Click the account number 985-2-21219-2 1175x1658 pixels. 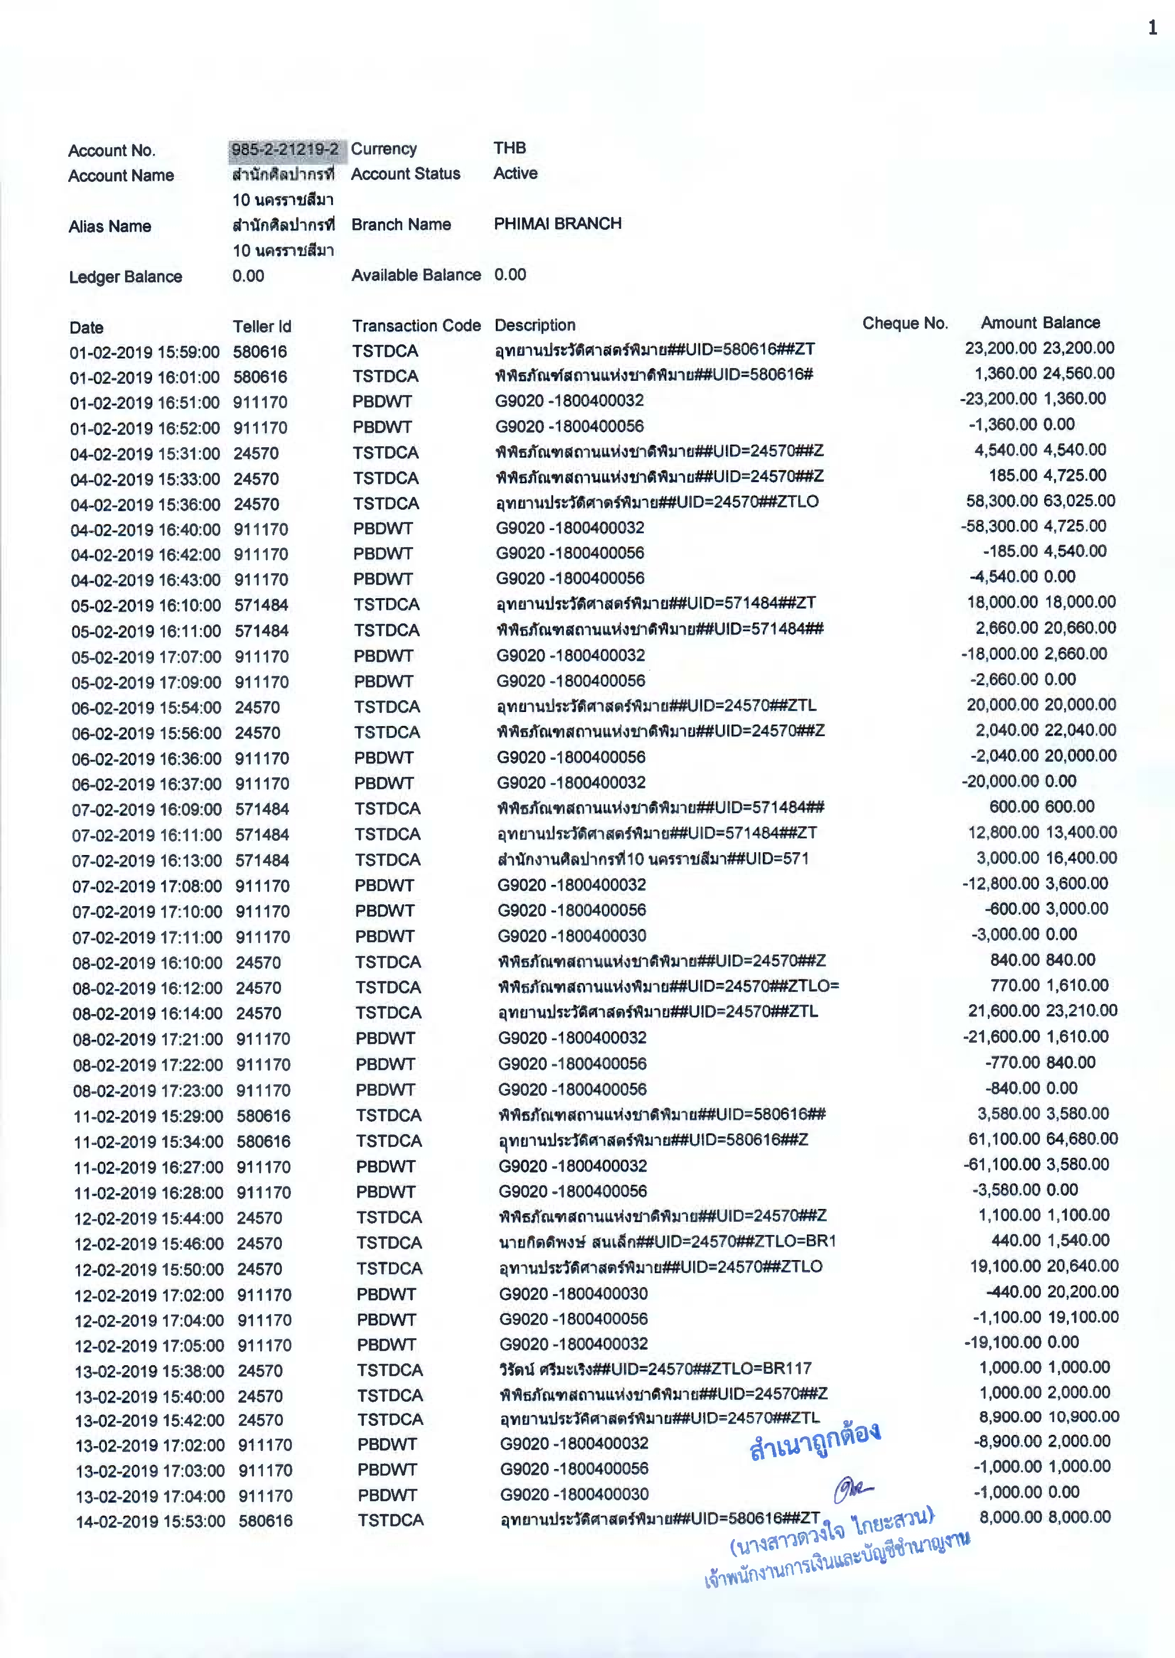click(285, 150)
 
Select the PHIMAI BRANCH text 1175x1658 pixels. click(557, 224)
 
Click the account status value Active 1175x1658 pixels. click(515, 173)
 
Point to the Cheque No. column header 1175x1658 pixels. click(904, 324)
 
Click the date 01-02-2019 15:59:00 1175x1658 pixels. click(145, 352)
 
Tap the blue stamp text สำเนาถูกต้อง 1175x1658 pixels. click(815, 1442)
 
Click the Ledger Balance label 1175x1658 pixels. click(125, 277)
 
